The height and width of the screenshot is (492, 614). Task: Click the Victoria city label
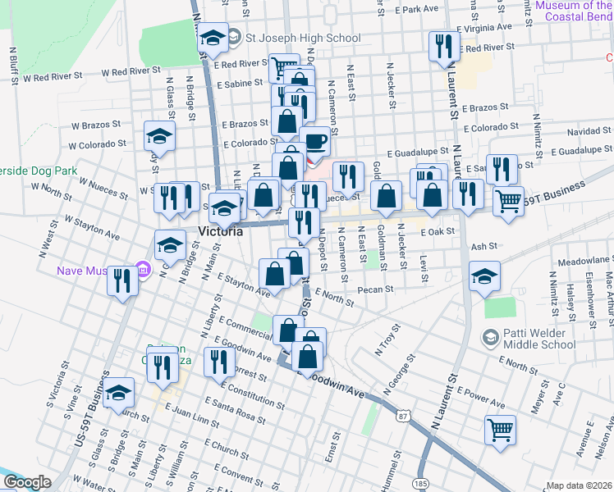221,232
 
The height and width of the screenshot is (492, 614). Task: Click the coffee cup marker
314,141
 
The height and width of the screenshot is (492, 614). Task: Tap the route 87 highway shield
402,417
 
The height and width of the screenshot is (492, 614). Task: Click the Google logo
26,482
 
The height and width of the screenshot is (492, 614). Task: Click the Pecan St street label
377,289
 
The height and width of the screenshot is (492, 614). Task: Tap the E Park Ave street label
417,9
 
